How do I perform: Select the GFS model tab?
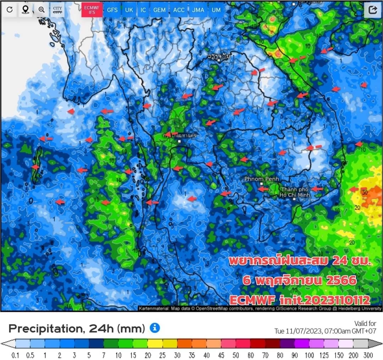112,10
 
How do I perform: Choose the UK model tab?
129,10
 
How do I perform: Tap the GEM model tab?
160,10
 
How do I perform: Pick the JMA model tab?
198,10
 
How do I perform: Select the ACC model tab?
179,10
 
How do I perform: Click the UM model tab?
216,10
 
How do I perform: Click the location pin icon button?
25,10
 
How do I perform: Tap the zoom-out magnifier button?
41,10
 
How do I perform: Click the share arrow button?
373,10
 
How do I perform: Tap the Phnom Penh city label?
262,179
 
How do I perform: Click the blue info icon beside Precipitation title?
155,328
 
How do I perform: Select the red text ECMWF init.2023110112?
300,300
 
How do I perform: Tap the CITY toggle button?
57,10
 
